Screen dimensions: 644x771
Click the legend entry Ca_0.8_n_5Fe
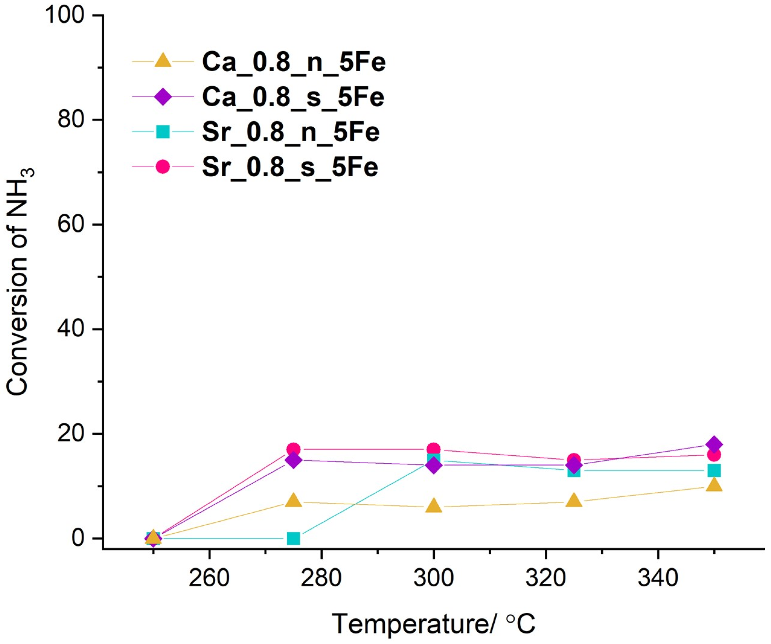coord(294,62)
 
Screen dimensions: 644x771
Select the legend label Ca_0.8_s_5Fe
coord(293,97)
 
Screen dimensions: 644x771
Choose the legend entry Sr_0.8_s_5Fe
coord(290,167)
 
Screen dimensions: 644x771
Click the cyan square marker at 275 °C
coord(293,538)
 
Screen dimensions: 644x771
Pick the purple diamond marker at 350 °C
coord(714,444)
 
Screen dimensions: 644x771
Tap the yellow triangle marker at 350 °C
coord(714,486)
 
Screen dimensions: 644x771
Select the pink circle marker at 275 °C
coord(293,449)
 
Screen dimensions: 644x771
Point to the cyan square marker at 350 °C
coord(714,470)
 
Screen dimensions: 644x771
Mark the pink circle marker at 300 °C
coord(433,449)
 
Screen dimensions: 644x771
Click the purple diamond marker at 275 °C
coord(293,460)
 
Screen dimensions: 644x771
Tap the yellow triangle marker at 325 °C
coord(574,501)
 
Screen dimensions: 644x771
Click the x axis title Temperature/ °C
coord(433,623)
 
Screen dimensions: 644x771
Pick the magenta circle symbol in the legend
coord(163,167)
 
